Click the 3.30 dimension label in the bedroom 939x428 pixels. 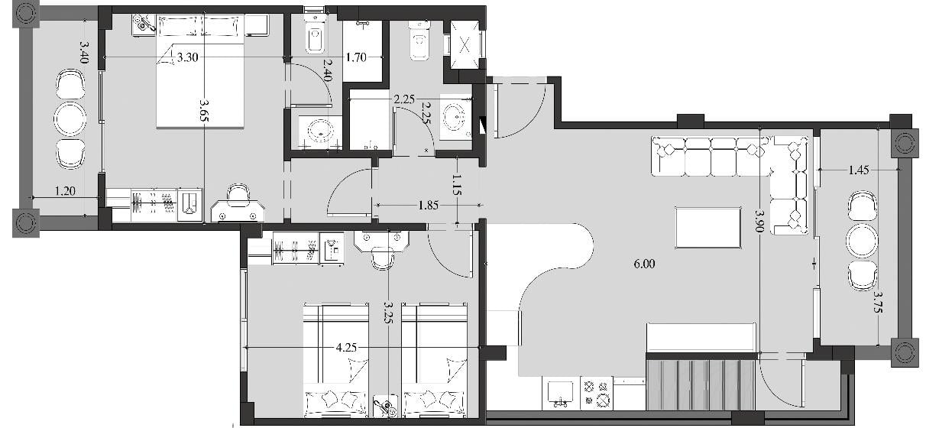click(x=187, y=57)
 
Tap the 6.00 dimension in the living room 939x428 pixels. click(x=644, y=264)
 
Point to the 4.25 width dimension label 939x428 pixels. click(x=347, y=348)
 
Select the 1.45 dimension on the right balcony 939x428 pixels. click(x=859, y=170)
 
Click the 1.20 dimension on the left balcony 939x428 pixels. click(x=66, y=191)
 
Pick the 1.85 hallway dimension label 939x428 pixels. click(x=429, y=205)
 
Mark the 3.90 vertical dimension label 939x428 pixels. click(x=759, y=221)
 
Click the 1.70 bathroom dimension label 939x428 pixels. click(x=356, y=57)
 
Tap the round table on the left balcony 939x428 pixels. click(x=70, y=118)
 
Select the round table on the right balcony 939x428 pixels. click(x=863, y=241)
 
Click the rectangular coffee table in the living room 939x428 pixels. click(x=708, y=228)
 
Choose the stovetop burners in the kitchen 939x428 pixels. click(x=597, y=393)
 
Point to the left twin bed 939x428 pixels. click(x=335, y=360)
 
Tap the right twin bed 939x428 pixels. click(x=434, y=360)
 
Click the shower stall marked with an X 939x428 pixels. click(x=465, y=44)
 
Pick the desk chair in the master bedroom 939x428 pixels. click(x=238, y=193)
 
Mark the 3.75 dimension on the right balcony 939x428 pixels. click(x=878, y=302)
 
